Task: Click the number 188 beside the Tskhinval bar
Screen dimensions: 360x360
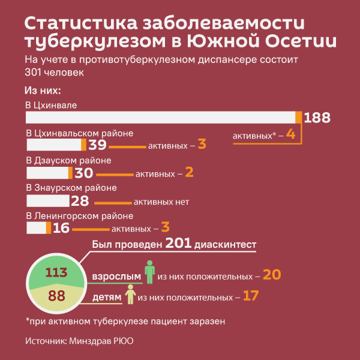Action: point(317,118)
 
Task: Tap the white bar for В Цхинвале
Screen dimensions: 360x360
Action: point(162,118)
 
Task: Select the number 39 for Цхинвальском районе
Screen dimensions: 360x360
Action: point(97,145)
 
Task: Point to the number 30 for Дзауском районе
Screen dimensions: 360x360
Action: point(83,173)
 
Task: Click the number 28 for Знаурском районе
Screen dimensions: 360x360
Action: point(79,201)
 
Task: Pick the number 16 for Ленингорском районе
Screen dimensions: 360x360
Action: point(61,228)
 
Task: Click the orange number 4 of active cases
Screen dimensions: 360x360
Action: point(290,134)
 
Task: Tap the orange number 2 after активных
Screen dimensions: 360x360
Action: point(190,173)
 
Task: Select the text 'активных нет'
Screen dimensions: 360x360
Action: point(161,202)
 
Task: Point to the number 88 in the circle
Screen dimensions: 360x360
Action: point(56,296)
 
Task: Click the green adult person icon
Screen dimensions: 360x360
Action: point(149,271)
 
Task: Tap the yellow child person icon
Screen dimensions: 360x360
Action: point(130,293)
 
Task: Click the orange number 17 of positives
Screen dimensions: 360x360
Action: point(250,296)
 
